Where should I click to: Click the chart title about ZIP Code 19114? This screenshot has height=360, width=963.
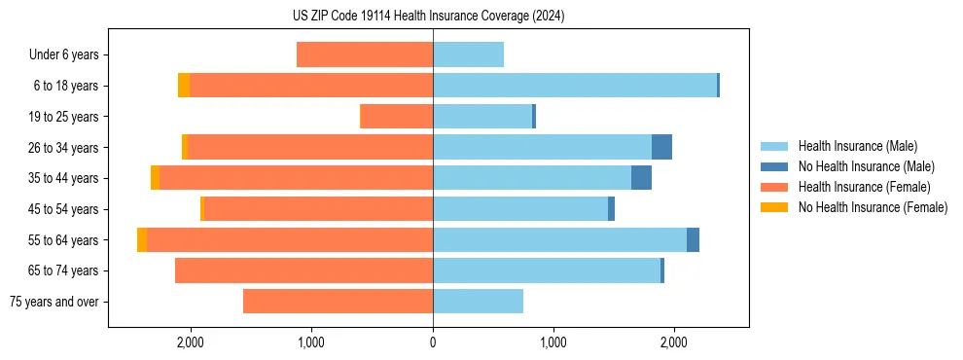(428, 17)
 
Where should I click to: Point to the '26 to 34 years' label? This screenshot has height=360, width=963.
(63, 148)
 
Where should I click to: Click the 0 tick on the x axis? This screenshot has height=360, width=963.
(433, 342)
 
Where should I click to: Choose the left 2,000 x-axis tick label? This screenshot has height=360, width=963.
(190, 342)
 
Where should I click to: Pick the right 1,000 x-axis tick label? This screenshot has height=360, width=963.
(553, 342)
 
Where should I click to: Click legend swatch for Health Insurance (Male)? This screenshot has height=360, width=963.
(775, 146)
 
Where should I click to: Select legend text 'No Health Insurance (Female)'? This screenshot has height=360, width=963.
(873, 207)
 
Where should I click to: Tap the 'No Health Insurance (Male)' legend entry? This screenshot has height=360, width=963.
(866, 166)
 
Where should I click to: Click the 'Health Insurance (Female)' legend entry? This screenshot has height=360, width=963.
(864, 187)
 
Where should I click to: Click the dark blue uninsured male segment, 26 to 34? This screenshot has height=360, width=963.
(661, 147)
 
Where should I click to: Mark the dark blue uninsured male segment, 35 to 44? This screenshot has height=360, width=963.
(641, 178)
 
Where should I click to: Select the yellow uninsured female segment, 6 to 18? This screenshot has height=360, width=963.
(184, 86)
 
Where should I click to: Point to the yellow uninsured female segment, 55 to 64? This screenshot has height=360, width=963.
(142, 239)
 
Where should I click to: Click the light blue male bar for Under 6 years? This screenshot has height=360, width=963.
(468, 54)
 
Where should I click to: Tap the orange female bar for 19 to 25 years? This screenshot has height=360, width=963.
(397, 117)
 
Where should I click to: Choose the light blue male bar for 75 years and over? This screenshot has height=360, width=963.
(478, 302)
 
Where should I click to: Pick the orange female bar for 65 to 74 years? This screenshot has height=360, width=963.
(303, 270)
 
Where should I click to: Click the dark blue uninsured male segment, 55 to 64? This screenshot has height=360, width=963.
(693, 239)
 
